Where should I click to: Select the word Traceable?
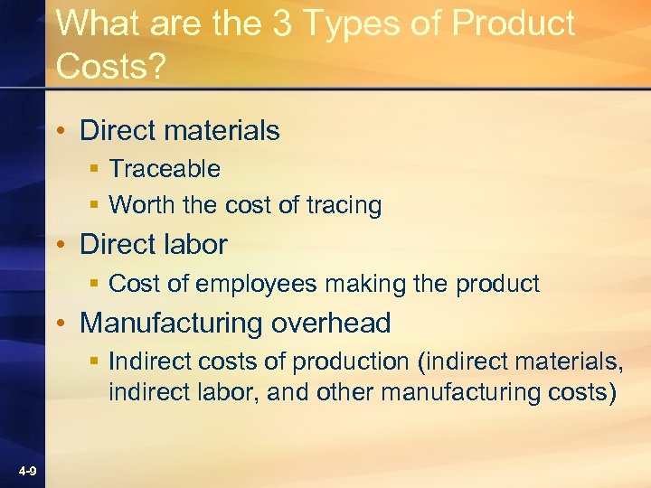[x=165, y=169]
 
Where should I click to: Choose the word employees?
[x=254, y=285]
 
